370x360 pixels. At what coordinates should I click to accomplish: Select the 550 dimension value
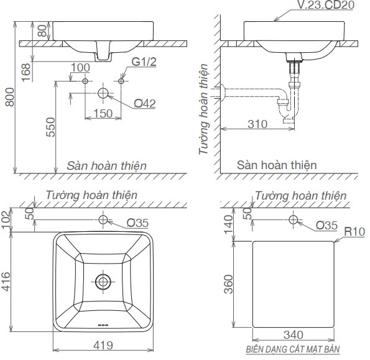point(50,129)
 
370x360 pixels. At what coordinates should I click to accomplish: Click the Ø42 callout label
point(144,103)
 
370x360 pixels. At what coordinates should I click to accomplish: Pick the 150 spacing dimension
point(103,113)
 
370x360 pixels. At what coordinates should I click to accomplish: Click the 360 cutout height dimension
point(228,284)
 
